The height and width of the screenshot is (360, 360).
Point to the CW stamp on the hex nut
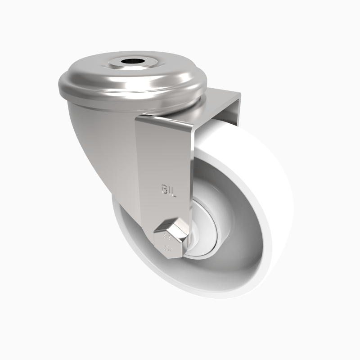tap(167, 249)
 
